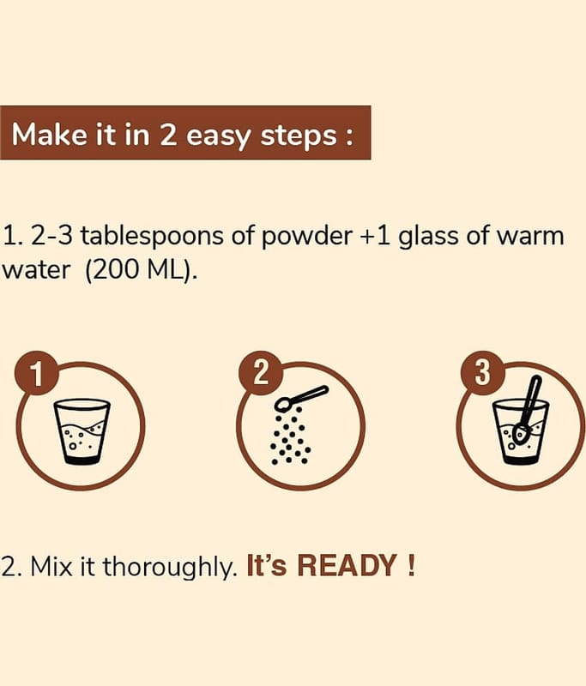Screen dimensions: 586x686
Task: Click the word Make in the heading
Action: click(49, 134)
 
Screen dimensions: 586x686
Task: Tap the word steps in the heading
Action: click(299, 136)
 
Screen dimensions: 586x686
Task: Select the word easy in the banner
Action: click(218, 137)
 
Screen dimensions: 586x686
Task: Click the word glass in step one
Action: click(428, 237)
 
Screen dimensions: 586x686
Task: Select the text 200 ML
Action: click(139, 270)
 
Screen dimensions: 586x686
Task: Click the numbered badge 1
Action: click(37, 373)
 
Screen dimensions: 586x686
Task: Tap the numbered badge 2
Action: click(260, 373)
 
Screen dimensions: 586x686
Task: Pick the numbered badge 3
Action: click(483, 373)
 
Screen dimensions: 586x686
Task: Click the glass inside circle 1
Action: click(82, 431)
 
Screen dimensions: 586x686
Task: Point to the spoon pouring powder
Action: click(300, 398)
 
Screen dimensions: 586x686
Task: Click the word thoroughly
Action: click(169, 567)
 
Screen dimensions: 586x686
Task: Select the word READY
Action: click(347, 565)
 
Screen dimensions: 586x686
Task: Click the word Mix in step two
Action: click(51, 566)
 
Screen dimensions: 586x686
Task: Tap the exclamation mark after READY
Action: click(410, 565)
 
